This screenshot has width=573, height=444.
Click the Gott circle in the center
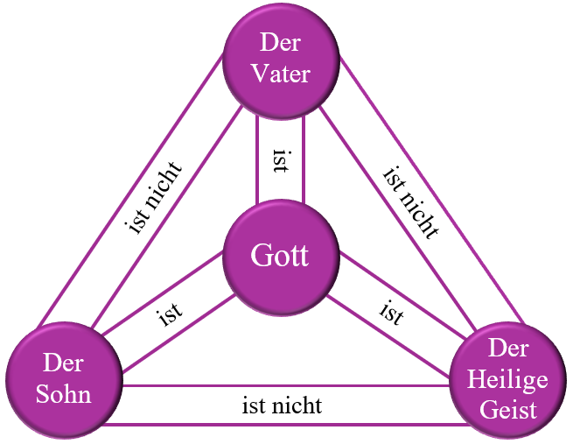[279, 257]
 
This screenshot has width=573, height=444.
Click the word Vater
[280, 74]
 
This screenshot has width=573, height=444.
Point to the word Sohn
[65, 394]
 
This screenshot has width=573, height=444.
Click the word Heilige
[507, 379]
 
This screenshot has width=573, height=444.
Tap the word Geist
[507, 408]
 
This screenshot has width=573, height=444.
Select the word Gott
[279, 257]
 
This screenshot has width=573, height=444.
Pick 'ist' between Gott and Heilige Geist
[391, 313]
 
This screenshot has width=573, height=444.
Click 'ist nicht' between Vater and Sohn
[154, 198]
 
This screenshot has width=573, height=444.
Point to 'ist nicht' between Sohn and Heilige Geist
[282, 405]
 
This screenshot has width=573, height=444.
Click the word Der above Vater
[280, 42]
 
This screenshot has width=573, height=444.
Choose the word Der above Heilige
[508, 349]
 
